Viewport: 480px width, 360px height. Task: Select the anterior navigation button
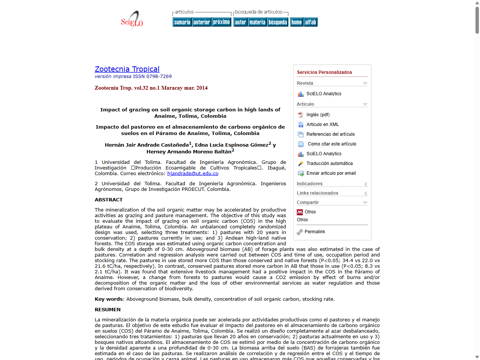pos(202,22)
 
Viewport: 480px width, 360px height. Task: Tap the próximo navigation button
pos(221,22)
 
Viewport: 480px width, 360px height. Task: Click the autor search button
pos(240,22)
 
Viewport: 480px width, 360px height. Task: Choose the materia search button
pos(257,22)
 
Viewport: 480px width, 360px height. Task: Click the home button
pos(296,22)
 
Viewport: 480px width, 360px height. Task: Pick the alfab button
pos(310,22)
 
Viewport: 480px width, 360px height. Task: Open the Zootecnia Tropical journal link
pos(127,69)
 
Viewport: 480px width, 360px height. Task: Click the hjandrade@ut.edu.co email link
pos(193,174)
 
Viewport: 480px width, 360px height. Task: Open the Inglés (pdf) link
pos(318,115)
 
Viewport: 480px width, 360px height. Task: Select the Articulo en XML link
pos(322,124)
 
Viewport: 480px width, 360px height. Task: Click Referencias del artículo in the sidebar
pos(330,134)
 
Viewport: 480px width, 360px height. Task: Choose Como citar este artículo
pos(332,144)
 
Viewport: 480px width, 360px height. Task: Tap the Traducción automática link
pos(329,163)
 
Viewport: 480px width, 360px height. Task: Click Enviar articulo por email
pos(331,173)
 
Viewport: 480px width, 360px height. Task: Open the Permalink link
pos(315,232)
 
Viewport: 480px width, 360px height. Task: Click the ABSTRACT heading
pos(109,200)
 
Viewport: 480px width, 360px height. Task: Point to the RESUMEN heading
pos(108,310)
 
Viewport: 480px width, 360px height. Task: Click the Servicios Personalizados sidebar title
pos(324,72)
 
